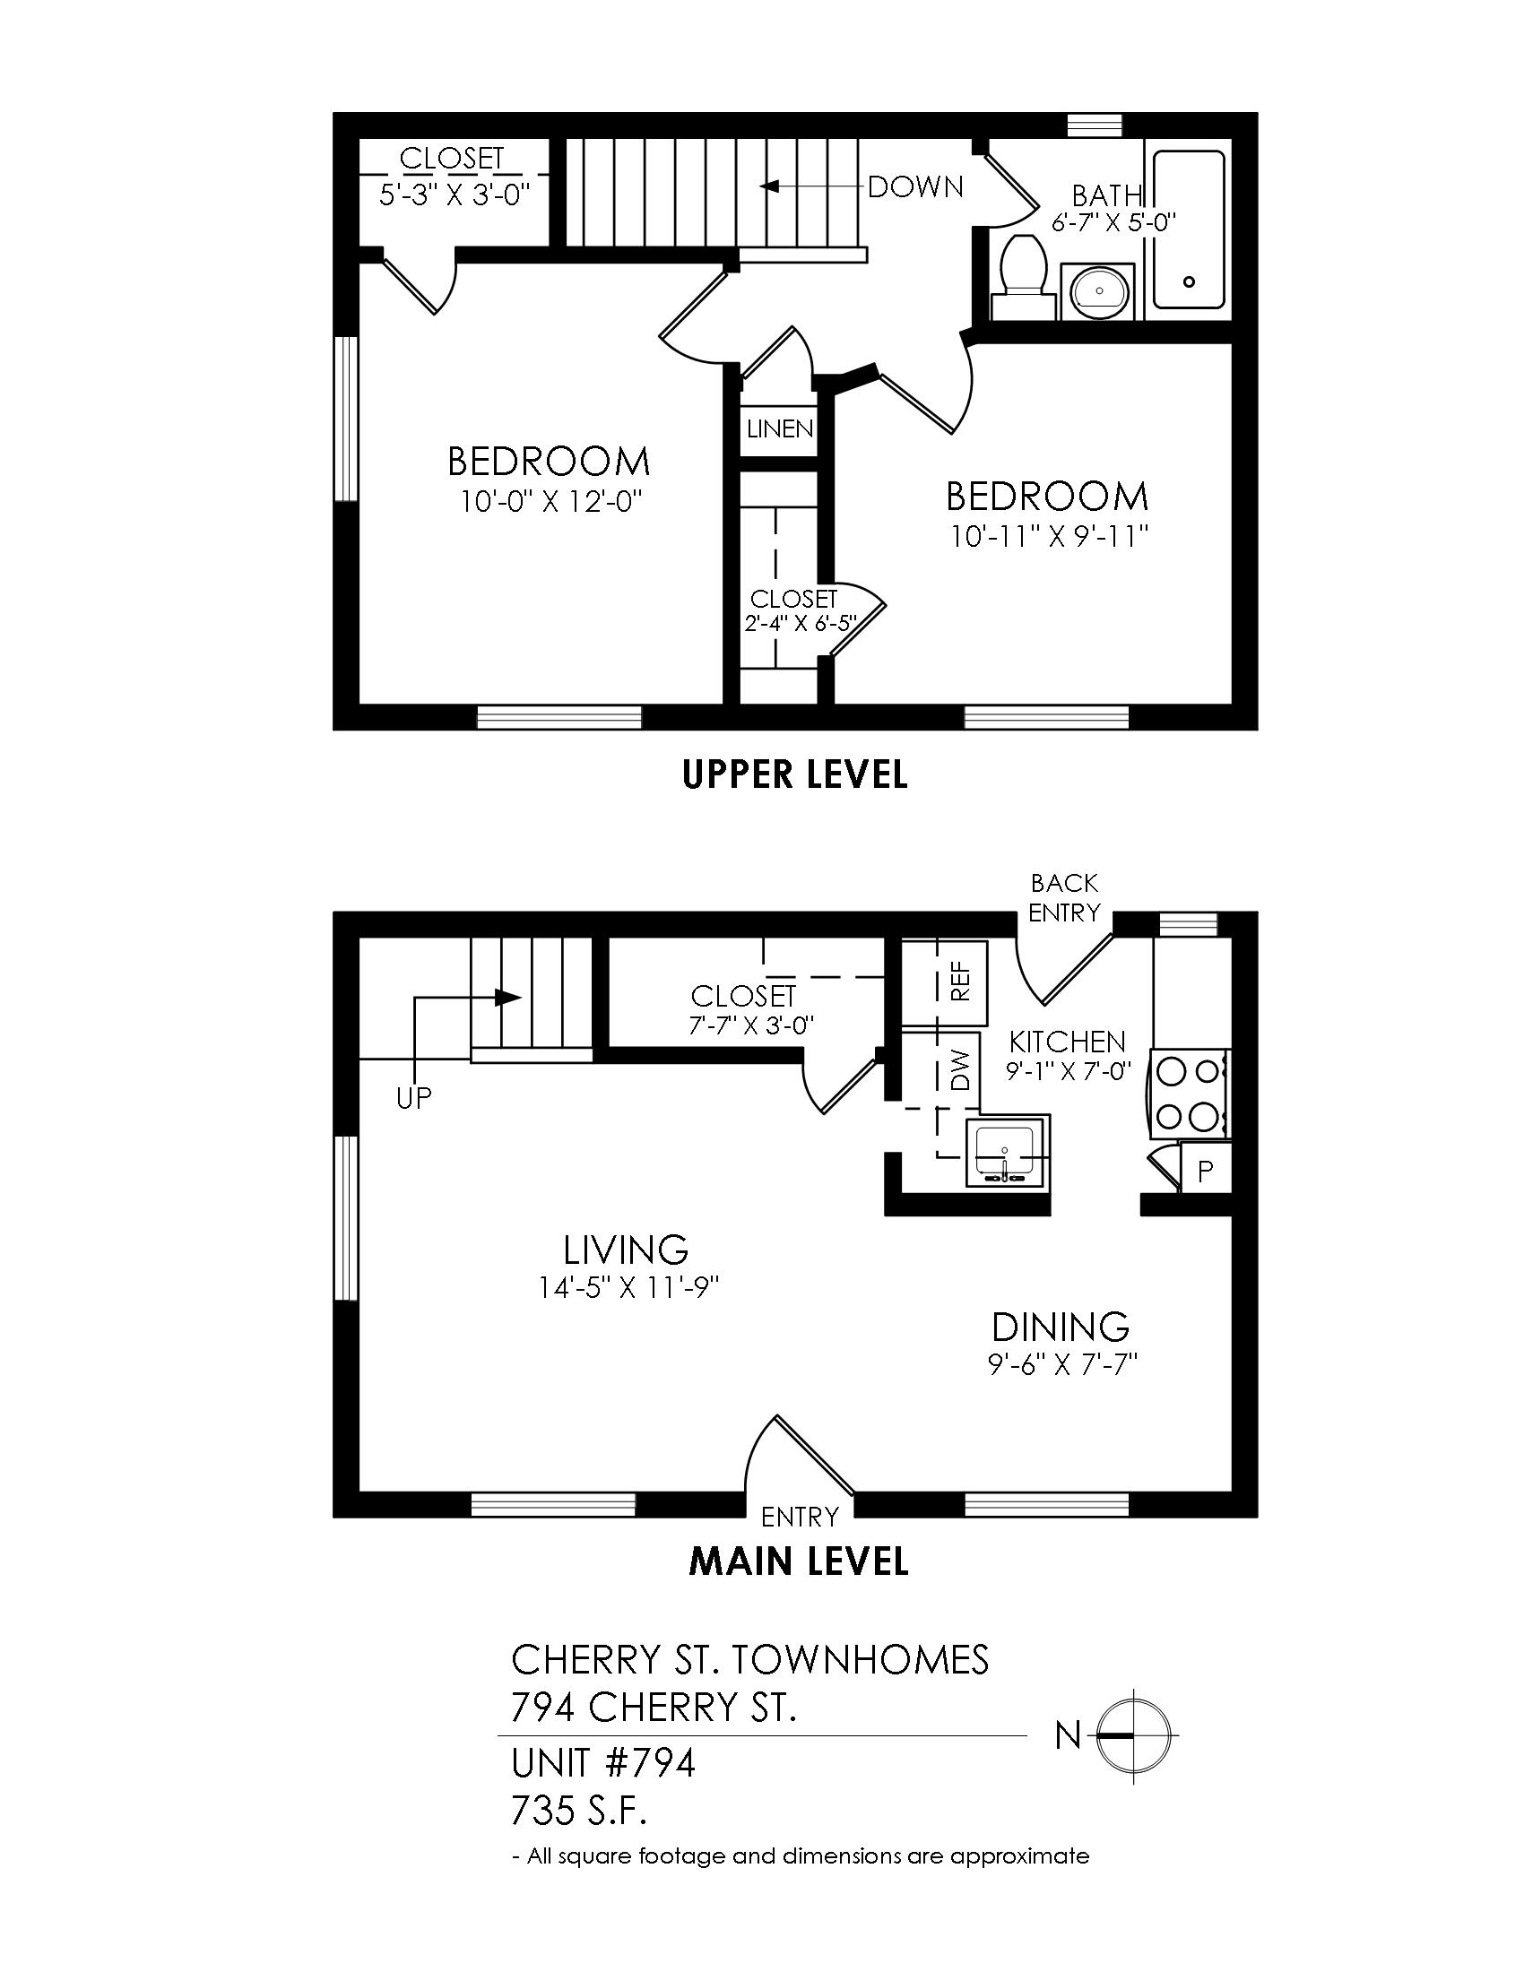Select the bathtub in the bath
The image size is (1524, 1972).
coord(1189,230)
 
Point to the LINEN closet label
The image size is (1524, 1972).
coord(781,428)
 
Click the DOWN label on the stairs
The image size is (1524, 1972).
coord(915,187)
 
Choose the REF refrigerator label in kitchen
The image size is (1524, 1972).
coord(961,980)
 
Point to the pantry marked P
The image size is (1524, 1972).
coord(1204,1172)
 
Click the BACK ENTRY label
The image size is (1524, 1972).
coord(1064,897)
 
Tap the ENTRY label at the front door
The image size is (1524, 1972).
coord(800,1516)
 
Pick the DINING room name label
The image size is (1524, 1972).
coord(1061,1328)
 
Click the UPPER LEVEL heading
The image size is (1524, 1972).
coord(795,774)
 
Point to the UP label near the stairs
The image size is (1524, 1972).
coord(414,1097)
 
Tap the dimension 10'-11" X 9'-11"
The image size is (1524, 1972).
coord(1048,537)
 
